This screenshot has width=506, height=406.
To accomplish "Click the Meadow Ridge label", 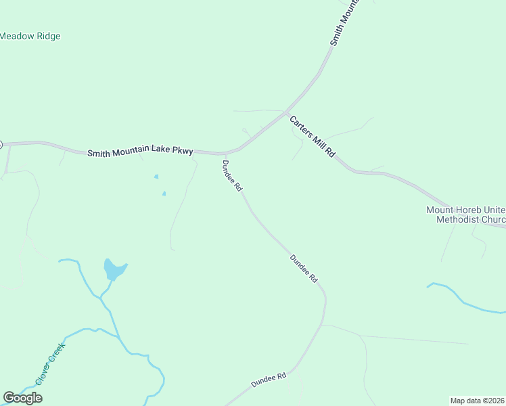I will click(x=30, y=36).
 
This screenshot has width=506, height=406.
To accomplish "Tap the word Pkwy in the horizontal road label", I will click(x=183, y=152).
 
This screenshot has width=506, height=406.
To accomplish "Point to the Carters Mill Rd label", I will click(x=313, y=137).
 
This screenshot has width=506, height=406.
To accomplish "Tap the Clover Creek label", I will click(x=50, y=364).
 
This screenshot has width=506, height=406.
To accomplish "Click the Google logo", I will click(x=22, y=398).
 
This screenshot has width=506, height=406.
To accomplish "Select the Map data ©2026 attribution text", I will click(x=478, y=401).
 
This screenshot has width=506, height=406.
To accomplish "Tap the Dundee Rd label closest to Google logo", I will click(x=269, y=379).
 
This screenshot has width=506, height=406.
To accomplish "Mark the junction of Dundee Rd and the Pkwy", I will click(x=225, y=154).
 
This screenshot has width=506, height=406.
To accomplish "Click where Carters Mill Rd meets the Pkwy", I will click(x=286, y=112).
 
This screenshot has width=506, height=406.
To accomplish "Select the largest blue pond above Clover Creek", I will click(x=114, y=270).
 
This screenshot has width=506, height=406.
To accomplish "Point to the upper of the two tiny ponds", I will click(x=156, y=177).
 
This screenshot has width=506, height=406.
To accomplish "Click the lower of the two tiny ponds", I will click(x=163, y=194).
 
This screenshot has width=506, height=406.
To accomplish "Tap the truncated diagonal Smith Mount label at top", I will click(x=343, y=23).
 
